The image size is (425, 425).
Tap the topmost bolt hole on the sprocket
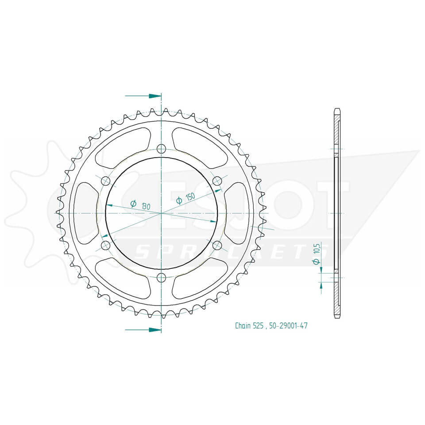click(161, 149)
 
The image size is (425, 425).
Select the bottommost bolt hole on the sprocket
click(161, 277)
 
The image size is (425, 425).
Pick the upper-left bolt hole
click(106, 181)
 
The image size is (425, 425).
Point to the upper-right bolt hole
click(217, 181)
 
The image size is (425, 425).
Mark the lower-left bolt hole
click(106, 245)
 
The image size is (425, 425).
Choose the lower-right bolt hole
click(217, 245)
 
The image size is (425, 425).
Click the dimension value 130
click(145, 206)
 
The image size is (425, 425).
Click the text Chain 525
click(249, 326)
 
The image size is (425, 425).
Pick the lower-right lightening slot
click(199, 278)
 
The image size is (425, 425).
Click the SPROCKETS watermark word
click(230, 252)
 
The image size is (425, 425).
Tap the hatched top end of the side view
click(337, 128)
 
